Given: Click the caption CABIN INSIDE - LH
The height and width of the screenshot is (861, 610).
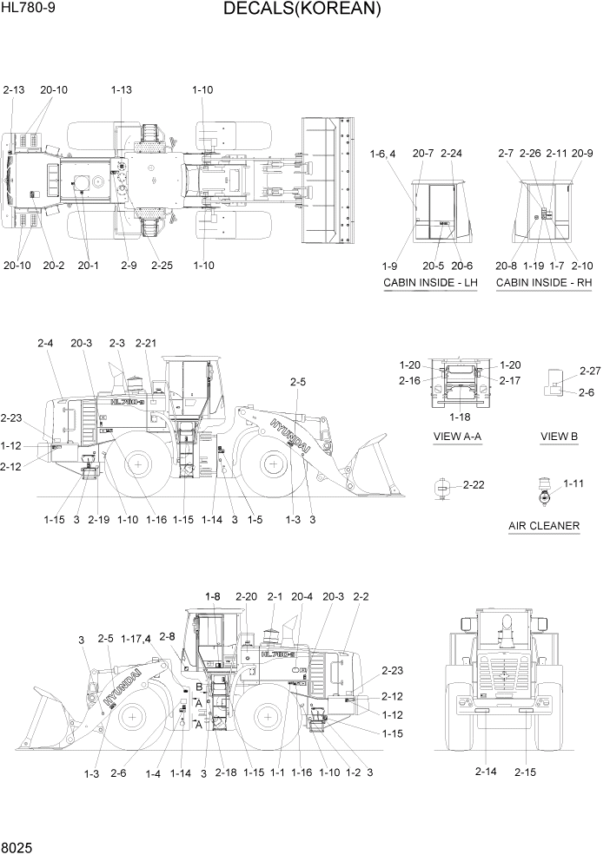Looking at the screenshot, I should point(430,283).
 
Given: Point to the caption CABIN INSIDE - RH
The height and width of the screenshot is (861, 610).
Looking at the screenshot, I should point(544,283).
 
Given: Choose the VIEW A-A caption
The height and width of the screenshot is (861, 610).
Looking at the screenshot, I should point(459,435).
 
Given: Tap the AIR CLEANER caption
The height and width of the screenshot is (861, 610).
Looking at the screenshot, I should point(544,525).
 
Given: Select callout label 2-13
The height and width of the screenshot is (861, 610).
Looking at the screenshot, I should point(15,89).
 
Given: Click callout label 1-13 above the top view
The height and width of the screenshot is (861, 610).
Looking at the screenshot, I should point(122,89).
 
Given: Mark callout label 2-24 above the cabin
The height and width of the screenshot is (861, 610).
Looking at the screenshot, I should point(452,154).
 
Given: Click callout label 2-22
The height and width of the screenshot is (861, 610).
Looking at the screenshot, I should point(474,484).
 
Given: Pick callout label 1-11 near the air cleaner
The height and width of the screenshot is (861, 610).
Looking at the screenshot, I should point(574,483).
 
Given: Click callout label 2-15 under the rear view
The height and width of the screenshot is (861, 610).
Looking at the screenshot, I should point(527,771).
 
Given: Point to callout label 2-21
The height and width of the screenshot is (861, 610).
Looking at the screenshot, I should point(146,344).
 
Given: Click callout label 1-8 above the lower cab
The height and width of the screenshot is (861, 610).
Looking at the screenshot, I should point(213,596).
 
